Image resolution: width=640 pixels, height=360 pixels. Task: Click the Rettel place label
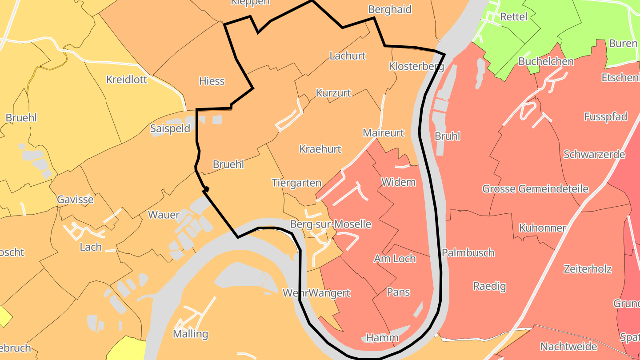513,17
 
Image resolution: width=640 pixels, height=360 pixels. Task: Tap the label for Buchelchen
546,61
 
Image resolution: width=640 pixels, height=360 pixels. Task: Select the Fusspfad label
605,117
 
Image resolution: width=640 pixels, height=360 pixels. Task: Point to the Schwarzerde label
594,155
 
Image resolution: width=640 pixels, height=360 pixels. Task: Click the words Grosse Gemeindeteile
535,189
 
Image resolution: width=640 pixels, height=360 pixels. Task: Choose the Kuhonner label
542,228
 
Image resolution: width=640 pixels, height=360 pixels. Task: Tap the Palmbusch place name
468,253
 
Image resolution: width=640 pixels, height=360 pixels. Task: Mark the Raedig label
489,286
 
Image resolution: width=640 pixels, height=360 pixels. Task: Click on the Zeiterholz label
588,269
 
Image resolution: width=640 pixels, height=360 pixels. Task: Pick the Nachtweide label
568,346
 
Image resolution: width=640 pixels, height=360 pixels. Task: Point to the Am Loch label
395,259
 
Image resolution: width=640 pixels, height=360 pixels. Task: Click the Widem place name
398,182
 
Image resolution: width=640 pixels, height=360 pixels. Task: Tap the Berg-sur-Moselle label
330,224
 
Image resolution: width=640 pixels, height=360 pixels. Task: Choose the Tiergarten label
296,183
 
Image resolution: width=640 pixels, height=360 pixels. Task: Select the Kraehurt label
320,149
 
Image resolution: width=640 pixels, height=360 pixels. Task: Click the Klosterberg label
416,67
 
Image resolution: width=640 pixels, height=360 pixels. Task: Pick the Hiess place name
212,81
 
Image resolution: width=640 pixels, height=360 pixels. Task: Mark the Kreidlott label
126,80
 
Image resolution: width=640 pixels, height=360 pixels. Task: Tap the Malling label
190,334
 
